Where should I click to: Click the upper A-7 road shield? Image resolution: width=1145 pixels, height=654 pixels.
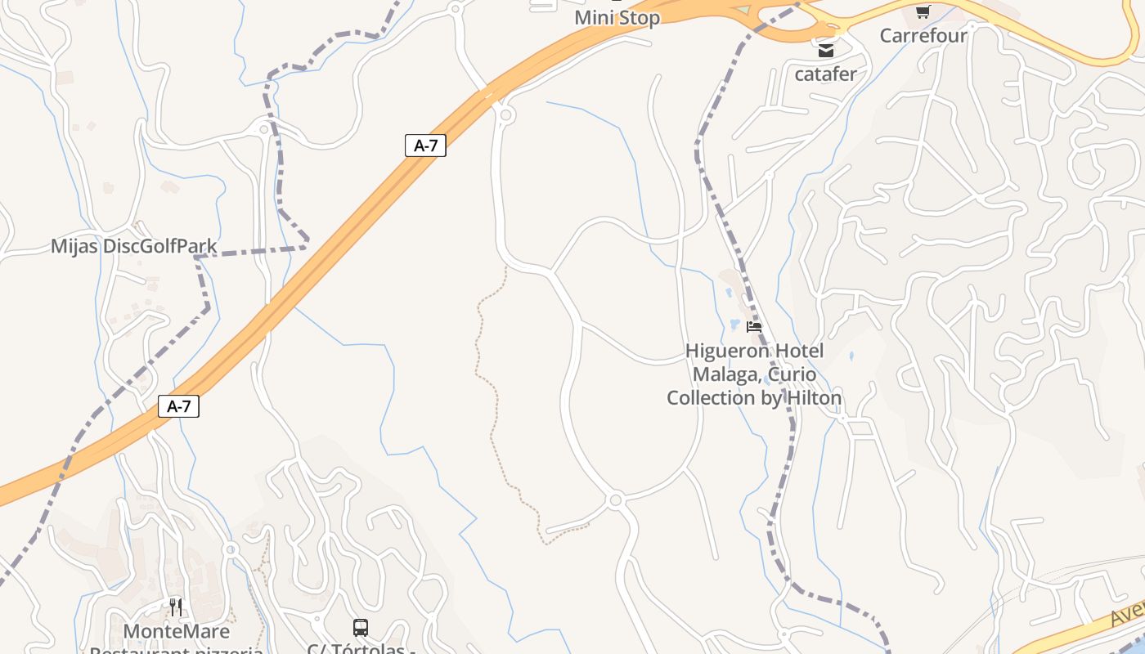click(425, 146)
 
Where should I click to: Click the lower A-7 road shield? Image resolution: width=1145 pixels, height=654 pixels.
click(178, 405)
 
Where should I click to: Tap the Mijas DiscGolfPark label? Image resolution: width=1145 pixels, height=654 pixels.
click(134, 246)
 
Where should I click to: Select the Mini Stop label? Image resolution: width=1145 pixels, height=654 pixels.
click(617, 17)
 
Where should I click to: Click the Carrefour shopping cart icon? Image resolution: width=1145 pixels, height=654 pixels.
click(923, 11)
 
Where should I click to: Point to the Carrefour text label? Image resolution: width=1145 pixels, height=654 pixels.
click(923, 35)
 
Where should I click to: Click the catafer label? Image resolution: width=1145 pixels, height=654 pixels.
click(826, 74)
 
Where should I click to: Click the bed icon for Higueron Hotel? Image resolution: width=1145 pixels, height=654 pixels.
click(754, 326)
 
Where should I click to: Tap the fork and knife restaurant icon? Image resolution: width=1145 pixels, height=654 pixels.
click(176, 607)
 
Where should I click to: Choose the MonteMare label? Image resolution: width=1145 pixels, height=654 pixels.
click(176, 631)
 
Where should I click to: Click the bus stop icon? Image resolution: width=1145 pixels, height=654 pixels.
click(361, 628)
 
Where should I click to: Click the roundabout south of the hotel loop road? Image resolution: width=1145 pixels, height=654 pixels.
click(616, 499)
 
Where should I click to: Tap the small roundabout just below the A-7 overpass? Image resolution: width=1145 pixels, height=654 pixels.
click(505, 115)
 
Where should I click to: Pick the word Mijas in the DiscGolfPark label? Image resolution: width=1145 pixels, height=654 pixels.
click(74, 246)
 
